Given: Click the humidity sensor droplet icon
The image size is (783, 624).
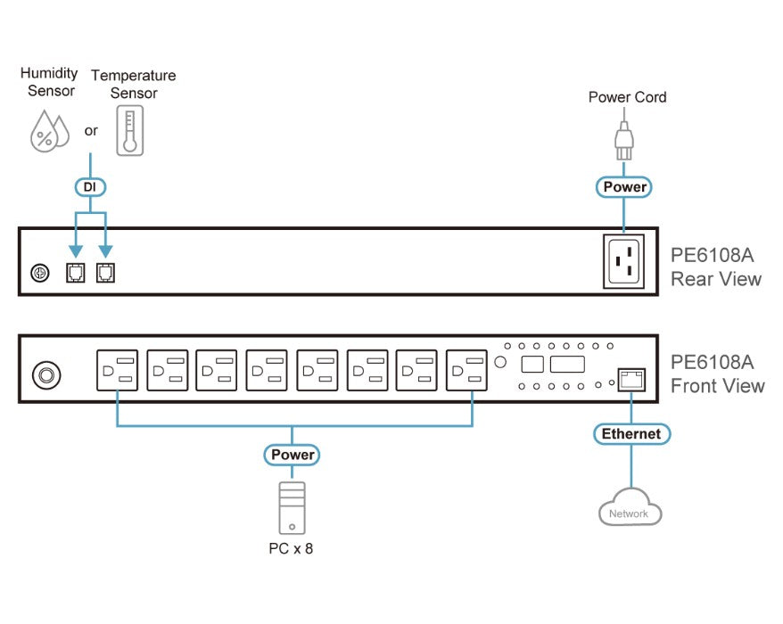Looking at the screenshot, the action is tap(49, 131).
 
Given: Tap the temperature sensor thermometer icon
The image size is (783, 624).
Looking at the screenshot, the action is tap(130, 131).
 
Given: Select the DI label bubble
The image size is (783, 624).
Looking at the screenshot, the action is tap(90, 187).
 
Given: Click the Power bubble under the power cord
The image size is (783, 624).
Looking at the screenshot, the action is tap(624, 187).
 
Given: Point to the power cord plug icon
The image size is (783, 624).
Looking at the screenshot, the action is tap(624, 141).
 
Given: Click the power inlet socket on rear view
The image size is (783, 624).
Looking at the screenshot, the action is tap(623, 261).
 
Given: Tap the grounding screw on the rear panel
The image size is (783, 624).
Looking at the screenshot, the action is tap(40, 273).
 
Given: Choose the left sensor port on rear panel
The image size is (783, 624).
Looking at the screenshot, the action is tap(76, 273).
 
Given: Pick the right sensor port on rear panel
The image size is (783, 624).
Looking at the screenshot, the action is tap(105, 273).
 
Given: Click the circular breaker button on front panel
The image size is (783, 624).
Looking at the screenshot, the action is tap(46, 375).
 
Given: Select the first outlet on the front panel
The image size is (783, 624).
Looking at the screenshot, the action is tap(118, 370).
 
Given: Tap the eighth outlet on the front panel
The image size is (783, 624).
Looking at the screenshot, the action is tap(466, 370).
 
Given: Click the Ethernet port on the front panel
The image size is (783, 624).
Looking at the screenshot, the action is tap(631, 380).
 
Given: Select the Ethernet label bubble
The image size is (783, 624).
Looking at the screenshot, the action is tap(631, 434).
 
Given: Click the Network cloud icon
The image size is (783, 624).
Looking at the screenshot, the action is tap(631, 507).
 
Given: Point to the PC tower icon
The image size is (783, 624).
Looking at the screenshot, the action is tap(293, 508).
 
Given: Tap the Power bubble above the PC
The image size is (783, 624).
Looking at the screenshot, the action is tap(293, 455).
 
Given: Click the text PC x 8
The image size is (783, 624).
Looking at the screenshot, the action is tap(291, 548).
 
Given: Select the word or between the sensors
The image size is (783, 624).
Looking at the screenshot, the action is tap(91, 131).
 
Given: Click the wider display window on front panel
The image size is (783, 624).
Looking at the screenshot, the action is tap(567, 364).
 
